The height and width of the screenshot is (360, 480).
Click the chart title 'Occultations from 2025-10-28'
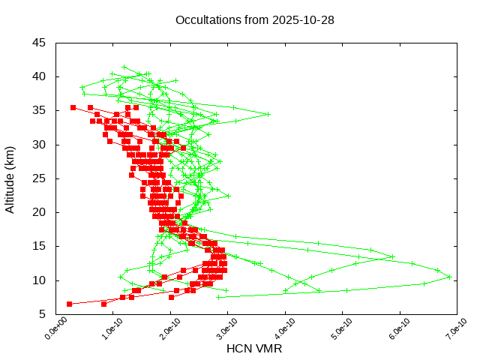pos(254,20)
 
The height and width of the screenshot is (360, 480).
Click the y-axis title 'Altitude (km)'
pos(10,178)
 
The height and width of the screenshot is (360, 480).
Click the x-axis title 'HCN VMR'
pos(254,349)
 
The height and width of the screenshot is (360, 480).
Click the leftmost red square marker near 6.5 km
pos(69,304)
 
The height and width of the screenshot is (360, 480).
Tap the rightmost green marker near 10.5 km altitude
pos(448,277)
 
